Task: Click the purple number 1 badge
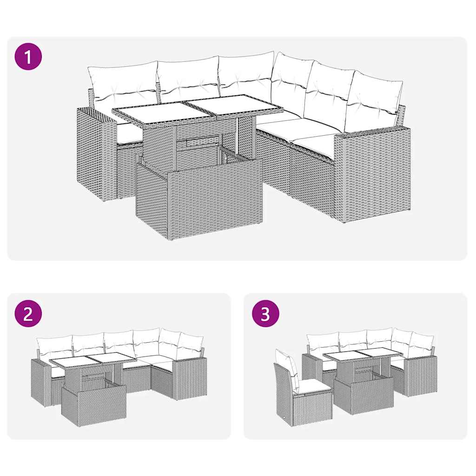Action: click(x=28, y=57)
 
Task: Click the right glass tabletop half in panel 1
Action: click(x=235, y=104)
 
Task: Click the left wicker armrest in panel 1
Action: click(x=95, y=153)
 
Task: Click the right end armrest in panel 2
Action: click(x=190, y=379)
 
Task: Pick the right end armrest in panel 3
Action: click(x=421, y=376)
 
